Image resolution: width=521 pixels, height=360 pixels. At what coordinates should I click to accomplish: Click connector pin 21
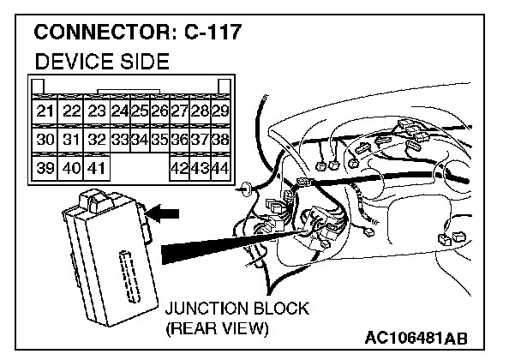pyautogui.click(x=44, y=111)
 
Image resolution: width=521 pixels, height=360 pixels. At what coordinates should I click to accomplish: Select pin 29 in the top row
pyautogui.click(x=220, y=111)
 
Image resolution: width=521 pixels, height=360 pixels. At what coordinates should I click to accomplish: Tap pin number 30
pyautogui.click(x=44, y=139)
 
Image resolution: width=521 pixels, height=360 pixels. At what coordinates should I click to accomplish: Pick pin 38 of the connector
pyautogui.click(x=220, y=139)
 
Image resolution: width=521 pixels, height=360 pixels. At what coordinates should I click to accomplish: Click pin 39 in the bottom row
pyautogui.click(x=44, y=166)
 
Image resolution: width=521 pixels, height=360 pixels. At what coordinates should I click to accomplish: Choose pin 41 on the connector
pyautogui.click(x=96, y=166)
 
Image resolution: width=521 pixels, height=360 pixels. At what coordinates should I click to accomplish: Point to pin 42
pyautogui.click(x=179, y=166)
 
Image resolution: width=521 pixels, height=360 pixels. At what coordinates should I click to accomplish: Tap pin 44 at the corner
pyautogui.click(x=220, y=166)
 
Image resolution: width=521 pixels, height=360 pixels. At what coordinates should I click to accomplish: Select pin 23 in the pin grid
pyautogui.click(x=96, y=111)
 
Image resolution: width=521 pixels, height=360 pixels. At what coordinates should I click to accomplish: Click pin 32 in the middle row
pyautogui.click(x=96, y=139)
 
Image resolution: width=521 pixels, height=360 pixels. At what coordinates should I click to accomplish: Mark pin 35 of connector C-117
pyautogui.click(x=159, y=139)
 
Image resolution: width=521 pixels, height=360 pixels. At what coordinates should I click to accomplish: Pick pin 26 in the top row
pyautogui.click(x=159, y=111)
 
